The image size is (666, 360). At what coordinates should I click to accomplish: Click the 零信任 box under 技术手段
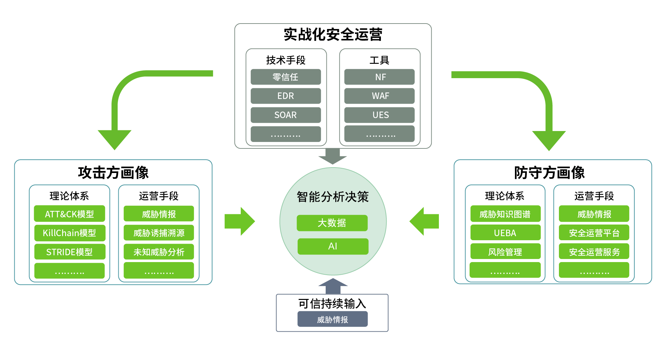tap(285, 77)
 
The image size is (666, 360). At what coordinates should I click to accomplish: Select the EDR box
tap(285, 96)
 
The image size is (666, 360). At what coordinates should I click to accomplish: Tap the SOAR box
tap(285, 115)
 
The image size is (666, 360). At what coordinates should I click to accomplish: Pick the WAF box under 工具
tap(379, 96)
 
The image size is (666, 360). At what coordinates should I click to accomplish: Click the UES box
tap(379, 115)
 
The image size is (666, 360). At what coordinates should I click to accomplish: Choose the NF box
tap(379, 77)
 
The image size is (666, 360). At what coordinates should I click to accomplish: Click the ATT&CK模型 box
tap(69, 214)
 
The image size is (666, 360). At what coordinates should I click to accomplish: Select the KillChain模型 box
tap(69, 233)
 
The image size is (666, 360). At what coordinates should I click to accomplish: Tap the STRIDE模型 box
tap(69, 252)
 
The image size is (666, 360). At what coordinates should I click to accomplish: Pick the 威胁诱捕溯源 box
tap(159, 233)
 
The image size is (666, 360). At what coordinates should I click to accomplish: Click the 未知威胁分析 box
tap(159, 252)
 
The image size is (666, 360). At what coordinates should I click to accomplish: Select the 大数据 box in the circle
tap(332, 223)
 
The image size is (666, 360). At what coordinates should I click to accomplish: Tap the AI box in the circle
tap(333, 246)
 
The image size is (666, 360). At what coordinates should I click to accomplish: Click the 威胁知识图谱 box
tap(505, 214)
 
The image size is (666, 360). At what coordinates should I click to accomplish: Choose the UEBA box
tap(505, 233)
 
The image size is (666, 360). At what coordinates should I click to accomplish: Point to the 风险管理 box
tap(505, 252)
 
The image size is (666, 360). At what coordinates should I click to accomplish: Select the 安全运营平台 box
tap(594, 233)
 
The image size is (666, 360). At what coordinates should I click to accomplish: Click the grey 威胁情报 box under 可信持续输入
tap(332, 319)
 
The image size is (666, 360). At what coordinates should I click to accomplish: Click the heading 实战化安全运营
tap(333, 34)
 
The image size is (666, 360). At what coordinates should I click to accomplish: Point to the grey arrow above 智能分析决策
tap(332, 156)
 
